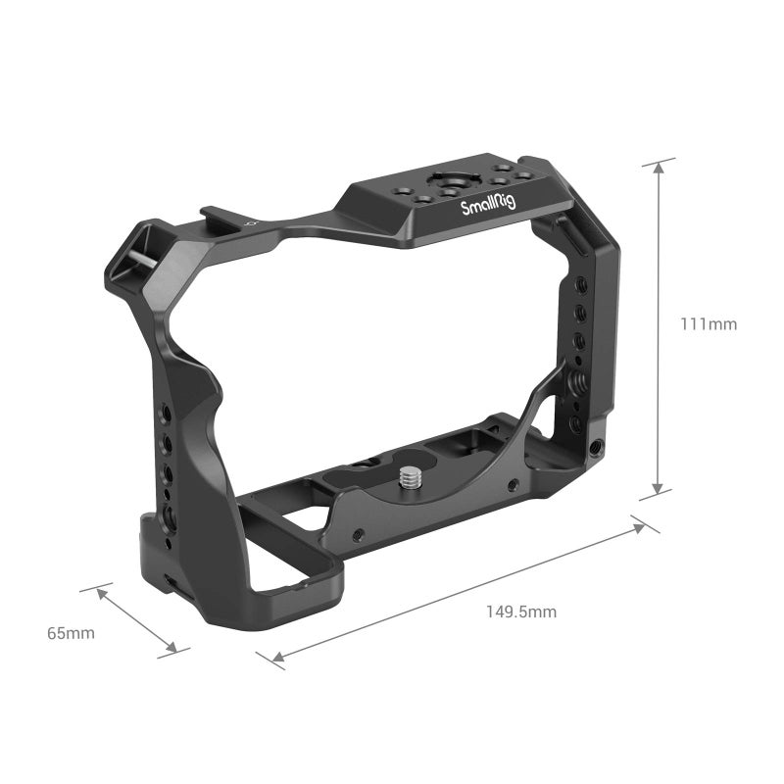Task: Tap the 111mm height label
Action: pos(709,323)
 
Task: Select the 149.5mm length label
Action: pos(521,612)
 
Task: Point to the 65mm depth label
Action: pos(72,633)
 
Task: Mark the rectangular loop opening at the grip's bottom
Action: pos(294,563)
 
